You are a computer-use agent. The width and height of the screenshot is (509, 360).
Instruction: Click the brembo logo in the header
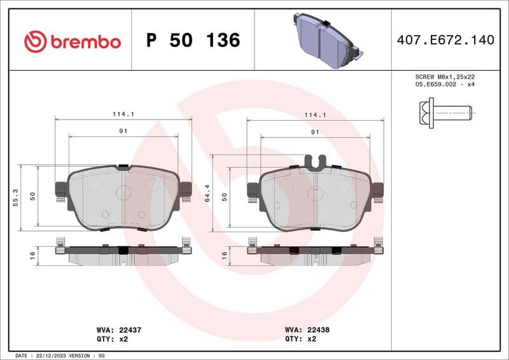pos(72,41)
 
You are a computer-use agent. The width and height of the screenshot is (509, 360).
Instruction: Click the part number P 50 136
pos(193,41)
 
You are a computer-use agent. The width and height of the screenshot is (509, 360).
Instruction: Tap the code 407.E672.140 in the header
pos(445,40)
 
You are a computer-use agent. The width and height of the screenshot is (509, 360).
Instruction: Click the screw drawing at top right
pos(446,113)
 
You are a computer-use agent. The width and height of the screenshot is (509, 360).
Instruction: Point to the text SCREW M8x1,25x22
pos(445,76)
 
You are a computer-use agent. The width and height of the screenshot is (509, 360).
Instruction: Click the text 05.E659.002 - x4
pos(445,84)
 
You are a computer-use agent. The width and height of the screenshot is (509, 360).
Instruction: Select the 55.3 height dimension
pos(15,198)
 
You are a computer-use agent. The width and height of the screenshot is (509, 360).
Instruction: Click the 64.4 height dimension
pos(207,198)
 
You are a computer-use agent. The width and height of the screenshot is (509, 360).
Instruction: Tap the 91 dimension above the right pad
pos(314,132)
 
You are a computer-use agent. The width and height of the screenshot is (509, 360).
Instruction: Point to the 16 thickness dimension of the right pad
pos(224,254)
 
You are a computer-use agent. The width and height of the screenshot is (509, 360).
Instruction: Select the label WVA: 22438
pos(307,331)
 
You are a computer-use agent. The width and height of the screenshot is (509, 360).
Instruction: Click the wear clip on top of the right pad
pos(316,162)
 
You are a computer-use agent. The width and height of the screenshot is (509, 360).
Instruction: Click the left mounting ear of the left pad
pos(61,189)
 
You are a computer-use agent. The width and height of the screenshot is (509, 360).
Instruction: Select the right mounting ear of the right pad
pos(378,190)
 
